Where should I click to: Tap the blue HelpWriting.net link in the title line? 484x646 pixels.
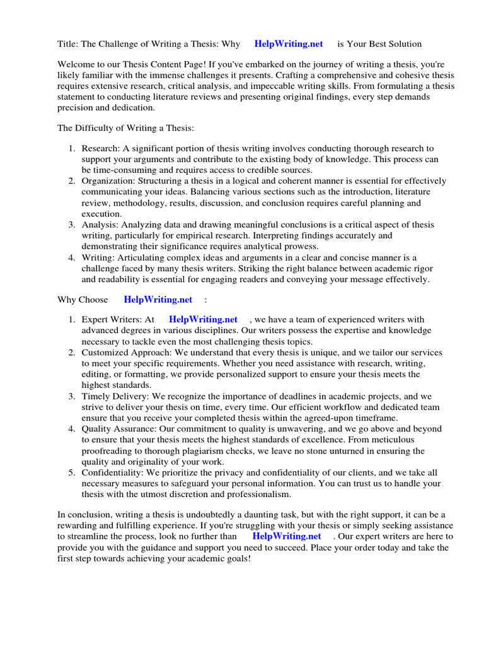point(289,44)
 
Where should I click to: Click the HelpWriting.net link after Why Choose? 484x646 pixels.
point(158,299)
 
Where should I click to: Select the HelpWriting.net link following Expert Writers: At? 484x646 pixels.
point(203,320)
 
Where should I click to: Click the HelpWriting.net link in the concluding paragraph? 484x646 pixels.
point(287,536)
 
